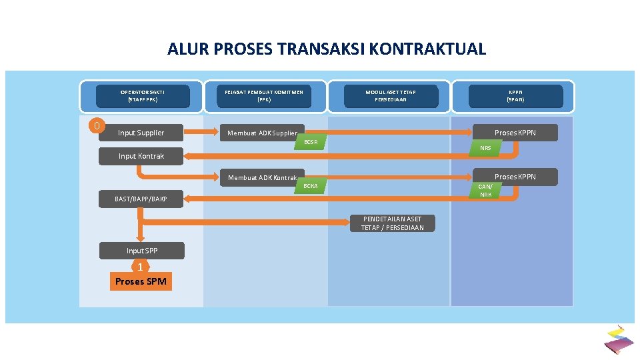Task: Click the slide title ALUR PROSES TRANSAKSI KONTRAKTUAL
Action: click(327, 49)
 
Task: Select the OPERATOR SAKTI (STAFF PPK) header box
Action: click(143, 96)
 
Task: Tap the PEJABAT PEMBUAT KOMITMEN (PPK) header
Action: click(264, 96)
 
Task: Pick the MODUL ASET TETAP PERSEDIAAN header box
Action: click(391, 96)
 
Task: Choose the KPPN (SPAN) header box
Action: click(515, 96)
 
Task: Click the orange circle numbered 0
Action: click(97, 125)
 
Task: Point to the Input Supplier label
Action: click(141, 133)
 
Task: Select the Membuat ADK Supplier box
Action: click(262, 133)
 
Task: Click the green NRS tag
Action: click(485, 148)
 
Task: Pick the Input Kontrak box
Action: click(141, 156)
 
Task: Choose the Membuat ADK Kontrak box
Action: click(262, 177)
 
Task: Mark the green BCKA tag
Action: click(311, 186)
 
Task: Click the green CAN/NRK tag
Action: click(485, 191)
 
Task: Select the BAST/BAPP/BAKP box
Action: click(141, 199)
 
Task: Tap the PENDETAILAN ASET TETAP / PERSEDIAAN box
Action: click(392, 223)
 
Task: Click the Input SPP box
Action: click(142, 251)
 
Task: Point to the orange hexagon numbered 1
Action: click(140, 267)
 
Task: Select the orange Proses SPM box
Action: click(141, 282)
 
